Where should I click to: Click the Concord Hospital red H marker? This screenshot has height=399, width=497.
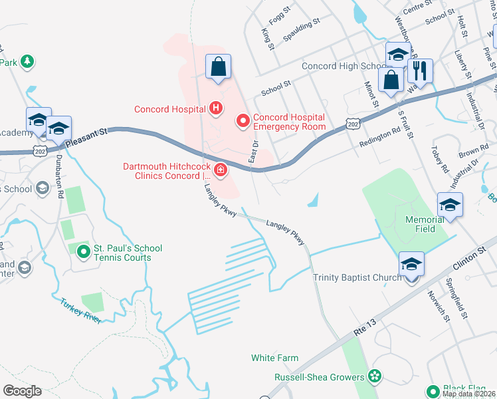215,107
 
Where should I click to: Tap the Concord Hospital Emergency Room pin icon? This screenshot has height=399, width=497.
243,120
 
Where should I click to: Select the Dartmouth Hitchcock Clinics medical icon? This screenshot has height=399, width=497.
219,172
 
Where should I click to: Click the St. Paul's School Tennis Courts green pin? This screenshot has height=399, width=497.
83,251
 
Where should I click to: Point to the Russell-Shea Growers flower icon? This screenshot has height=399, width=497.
375,376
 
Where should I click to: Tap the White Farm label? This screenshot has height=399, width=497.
274,358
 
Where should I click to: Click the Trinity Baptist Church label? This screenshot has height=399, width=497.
357,277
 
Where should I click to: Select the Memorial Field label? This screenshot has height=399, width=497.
425,224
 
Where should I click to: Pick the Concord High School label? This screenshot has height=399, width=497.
344,66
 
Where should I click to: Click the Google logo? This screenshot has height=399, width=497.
22,391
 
